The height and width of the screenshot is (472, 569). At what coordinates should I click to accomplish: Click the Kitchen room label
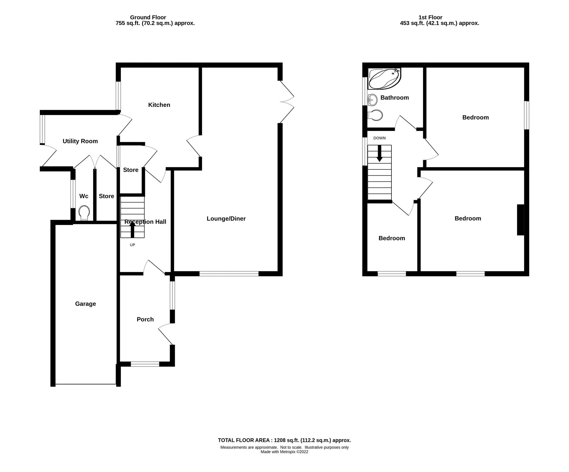coord(159,105)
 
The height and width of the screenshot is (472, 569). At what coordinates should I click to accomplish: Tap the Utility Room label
coord(80,141)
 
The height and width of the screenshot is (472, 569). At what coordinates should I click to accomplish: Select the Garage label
coord(85,304)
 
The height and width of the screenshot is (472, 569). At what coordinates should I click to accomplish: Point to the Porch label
coord(145,319)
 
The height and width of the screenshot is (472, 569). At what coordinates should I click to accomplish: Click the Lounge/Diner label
coord(226,218)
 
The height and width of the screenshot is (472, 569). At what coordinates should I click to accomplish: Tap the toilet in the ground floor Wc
coord(84,213)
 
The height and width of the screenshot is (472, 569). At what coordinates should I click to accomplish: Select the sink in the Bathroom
coord(373,100)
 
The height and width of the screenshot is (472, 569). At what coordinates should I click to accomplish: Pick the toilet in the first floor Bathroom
coord(375,115)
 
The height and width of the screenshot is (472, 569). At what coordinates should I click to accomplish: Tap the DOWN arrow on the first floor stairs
coord(379,154)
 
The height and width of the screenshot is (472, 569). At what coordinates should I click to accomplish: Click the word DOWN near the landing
coord(379,138)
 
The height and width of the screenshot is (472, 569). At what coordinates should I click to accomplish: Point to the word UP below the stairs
coord(132,245)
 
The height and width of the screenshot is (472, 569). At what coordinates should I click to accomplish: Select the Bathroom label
coord(395,98)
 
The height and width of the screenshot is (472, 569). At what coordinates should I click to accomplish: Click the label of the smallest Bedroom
coord(391,238)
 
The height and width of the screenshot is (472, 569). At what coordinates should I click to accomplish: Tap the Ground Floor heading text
coord(148,17)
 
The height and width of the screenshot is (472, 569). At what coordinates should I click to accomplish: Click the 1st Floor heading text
coord(430,17)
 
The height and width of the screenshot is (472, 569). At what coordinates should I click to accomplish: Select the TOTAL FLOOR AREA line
coord(284,440)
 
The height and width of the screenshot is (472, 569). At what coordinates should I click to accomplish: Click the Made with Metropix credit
coord(284,452)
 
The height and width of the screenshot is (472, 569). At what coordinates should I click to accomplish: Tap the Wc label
coord(84,196)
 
